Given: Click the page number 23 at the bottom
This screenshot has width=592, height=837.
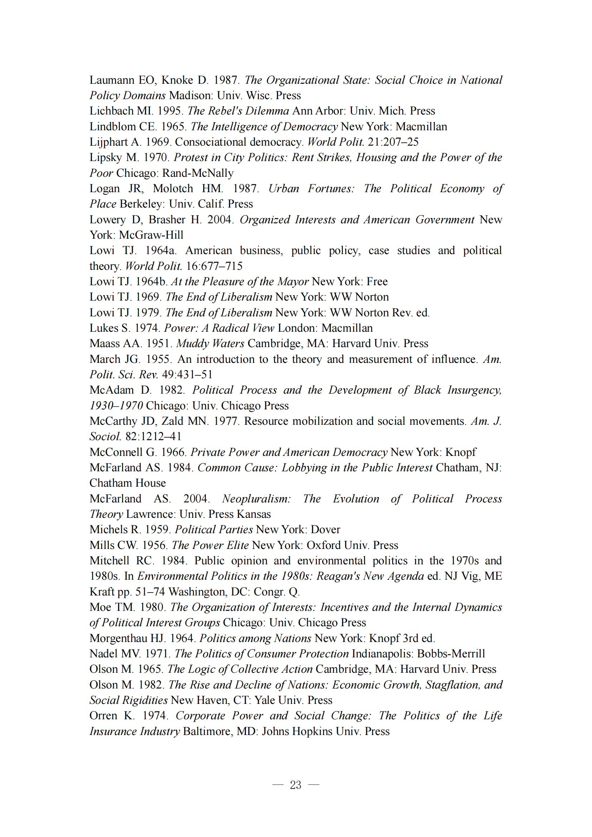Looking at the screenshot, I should (296, 785).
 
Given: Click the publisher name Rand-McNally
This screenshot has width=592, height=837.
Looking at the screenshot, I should (198, 173).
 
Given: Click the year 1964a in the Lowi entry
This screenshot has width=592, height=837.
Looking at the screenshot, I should (161, 250).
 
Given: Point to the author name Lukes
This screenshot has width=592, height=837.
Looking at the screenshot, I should (104, 328).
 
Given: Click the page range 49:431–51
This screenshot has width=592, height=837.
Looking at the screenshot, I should (187, 374).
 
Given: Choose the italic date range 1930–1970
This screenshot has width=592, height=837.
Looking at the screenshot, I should (116, 405).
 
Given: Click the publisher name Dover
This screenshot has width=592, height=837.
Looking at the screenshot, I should (325, 529).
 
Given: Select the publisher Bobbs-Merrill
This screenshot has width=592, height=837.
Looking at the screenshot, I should (451, 654).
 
